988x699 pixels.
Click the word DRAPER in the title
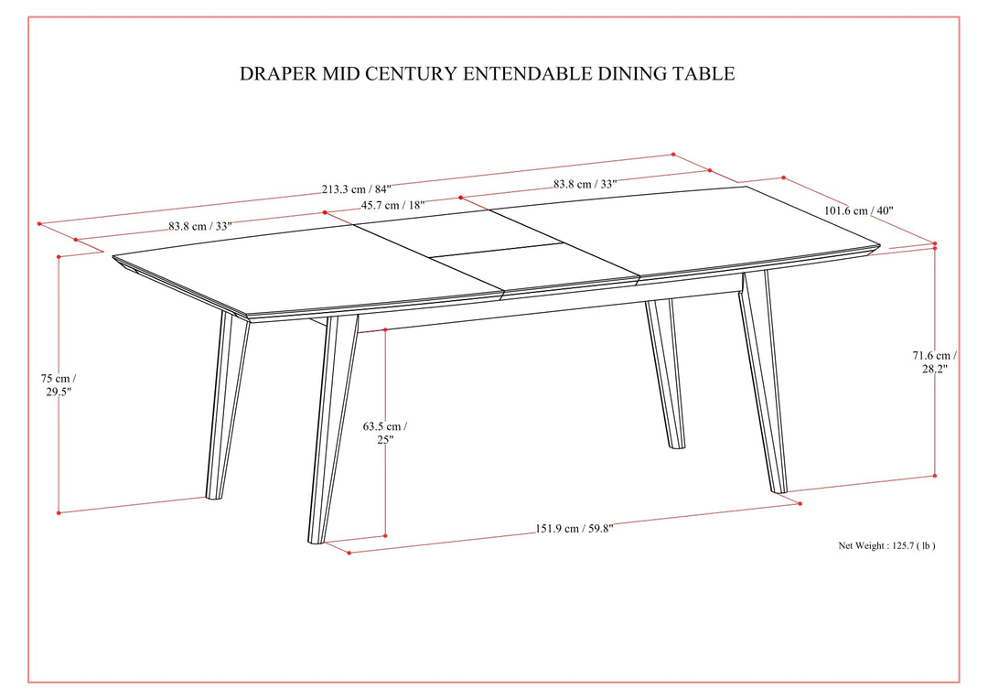point(278,73)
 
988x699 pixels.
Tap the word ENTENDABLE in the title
point(528,73)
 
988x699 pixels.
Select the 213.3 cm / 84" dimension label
point(357,189)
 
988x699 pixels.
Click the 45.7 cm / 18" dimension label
point(393,205)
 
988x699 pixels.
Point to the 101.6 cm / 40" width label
point(859,210)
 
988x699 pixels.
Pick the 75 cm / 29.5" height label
point(59,385)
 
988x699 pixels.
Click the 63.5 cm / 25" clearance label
point(385,433)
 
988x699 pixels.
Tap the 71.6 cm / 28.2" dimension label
point(935,362)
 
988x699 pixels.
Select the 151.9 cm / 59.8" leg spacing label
point(574,528)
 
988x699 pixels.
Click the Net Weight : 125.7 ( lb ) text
point(886,545)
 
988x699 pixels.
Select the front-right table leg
point(764,382)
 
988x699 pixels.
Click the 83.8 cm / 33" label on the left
point(200,226)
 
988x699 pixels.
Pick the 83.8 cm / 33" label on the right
point(585,184)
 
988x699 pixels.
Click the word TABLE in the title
point(705,73)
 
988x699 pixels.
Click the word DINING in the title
point(633,73)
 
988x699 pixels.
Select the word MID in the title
point(341,73)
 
